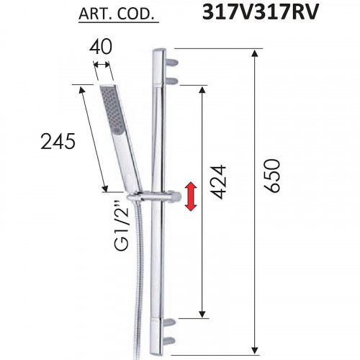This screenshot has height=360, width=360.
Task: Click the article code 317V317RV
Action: [x=261, y=12]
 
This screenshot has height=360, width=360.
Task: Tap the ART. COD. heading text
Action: [x=116, y=14]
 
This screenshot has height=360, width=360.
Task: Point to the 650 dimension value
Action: [x=273, y=176]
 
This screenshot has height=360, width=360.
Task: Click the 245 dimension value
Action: [x=58, y=141]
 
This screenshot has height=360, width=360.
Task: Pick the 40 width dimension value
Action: [x=101, y=47]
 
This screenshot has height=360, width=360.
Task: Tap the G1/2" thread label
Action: [x=122, y=226]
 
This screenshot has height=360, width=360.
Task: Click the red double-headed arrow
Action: [x=191, y=197]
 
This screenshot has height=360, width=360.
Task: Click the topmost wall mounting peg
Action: [x=171, y=63]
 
